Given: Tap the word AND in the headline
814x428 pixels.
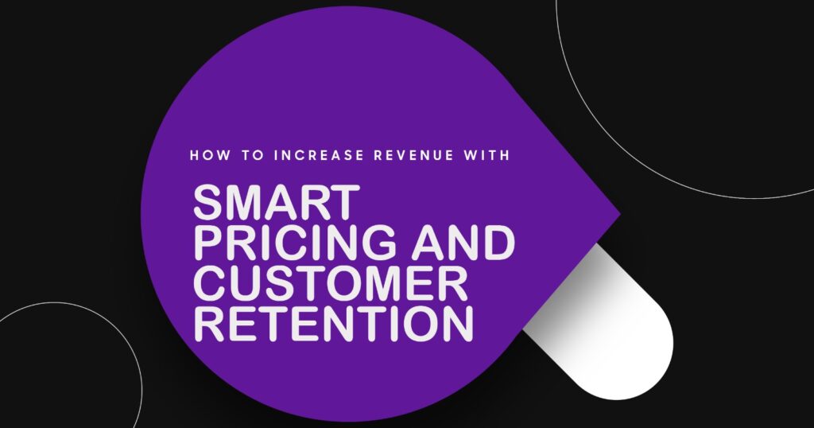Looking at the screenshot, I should pyautogui.click(x=468, y=245).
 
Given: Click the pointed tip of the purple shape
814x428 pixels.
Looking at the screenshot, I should pyautogui.click(x=618, y=214).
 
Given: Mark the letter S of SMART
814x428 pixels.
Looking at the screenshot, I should pyautogui.click(x=209, y=204).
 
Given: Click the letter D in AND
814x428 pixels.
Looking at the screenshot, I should pyautogui.click(x=498, y=245).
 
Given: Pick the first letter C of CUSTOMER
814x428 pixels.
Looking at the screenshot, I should pyautogui.click(x=210, y=285).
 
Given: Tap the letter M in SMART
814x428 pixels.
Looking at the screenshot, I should pyautogui.click(x=246, y=204).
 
